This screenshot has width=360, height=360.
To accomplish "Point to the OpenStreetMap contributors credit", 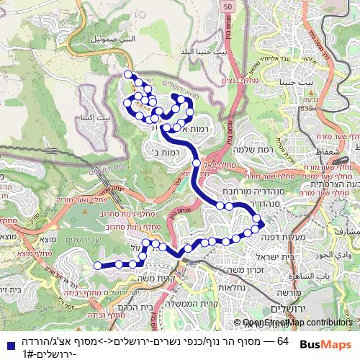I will click(x=297, y=323).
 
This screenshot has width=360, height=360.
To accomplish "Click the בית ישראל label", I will click(x=271, y=258).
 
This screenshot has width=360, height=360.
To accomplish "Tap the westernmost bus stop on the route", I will click(x=99, y=266).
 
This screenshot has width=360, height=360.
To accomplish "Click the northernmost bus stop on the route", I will click(x=129, y=75).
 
